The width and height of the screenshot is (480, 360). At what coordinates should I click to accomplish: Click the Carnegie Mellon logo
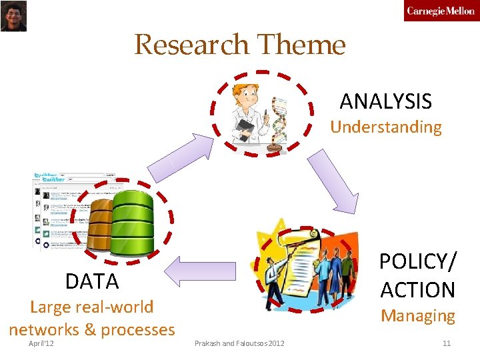pyautogui.click(x=441, y=11)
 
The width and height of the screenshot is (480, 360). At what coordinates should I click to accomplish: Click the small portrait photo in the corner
pyautogui.click(x=13, y=15)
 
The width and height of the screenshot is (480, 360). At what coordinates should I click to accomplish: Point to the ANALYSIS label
pyautogui.click(x=385, y=101)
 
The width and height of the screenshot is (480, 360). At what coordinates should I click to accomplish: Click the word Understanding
pyautogui.click(x=386, y=127)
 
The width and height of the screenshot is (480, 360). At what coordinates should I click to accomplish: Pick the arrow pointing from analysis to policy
pyautogui.click(x=333, y=179)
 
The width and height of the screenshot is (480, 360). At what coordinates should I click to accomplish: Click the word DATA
pyautogui.click(x=92, y=281)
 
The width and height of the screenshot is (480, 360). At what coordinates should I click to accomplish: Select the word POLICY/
pyautogui.click(x=418, y=261)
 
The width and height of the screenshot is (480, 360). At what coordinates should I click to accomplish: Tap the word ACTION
pyautogui.click(x=418, y=289)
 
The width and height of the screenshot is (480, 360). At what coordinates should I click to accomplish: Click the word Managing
pyautogui.click(x=418, y=315)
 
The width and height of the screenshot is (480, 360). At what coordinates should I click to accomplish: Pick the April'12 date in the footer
pyautogui.click(x=41, y=343)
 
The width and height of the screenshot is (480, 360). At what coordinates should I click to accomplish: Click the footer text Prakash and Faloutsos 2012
pyautogui.click(x=239, y=343)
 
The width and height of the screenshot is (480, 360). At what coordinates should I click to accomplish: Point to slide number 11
pyautogui.click(x=447, y=343)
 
